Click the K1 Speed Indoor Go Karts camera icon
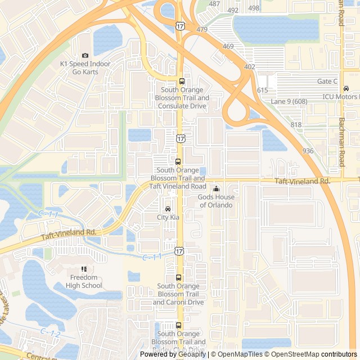tap(85, 55)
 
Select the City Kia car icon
tap(168, 209)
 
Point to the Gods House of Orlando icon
tap(216, 189)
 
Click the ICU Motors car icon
tap(346, 88)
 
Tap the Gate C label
tap(327, 82)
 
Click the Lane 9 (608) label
tap(289, 101)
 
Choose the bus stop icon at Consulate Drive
tap(182, 81)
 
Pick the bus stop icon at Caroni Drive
tap(178, 277)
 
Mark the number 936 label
tap(308, 151)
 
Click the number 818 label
tap(296, 125)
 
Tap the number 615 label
tap(263, 90)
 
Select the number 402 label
tap(250, 67)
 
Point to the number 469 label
tap(228, 46)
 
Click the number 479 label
tap(202, 29)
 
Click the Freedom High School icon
tap(84, 269)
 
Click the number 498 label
tap(254, 8)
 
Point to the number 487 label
tap(214, 4)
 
